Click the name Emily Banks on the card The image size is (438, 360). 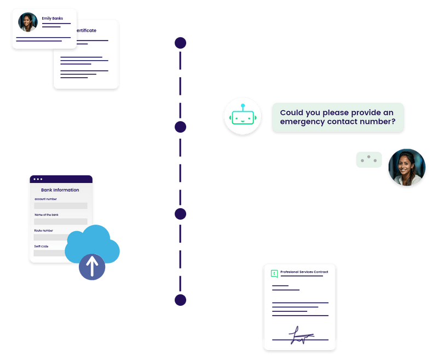52,19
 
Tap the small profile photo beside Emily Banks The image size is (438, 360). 27,22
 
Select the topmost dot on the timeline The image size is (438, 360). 180,43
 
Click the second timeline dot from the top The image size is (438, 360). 180,127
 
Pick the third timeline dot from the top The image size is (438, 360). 180,213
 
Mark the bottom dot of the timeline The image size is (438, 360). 180,300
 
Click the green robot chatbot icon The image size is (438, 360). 242,116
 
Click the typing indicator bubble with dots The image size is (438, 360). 368,159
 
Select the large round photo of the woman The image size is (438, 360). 406,168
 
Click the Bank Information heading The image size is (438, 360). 60,190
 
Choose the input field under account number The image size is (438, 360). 61,205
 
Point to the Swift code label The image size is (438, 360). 42,247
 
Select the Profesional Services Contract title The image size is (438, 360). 304,272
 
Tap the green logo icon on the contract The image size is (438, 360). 274,273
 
